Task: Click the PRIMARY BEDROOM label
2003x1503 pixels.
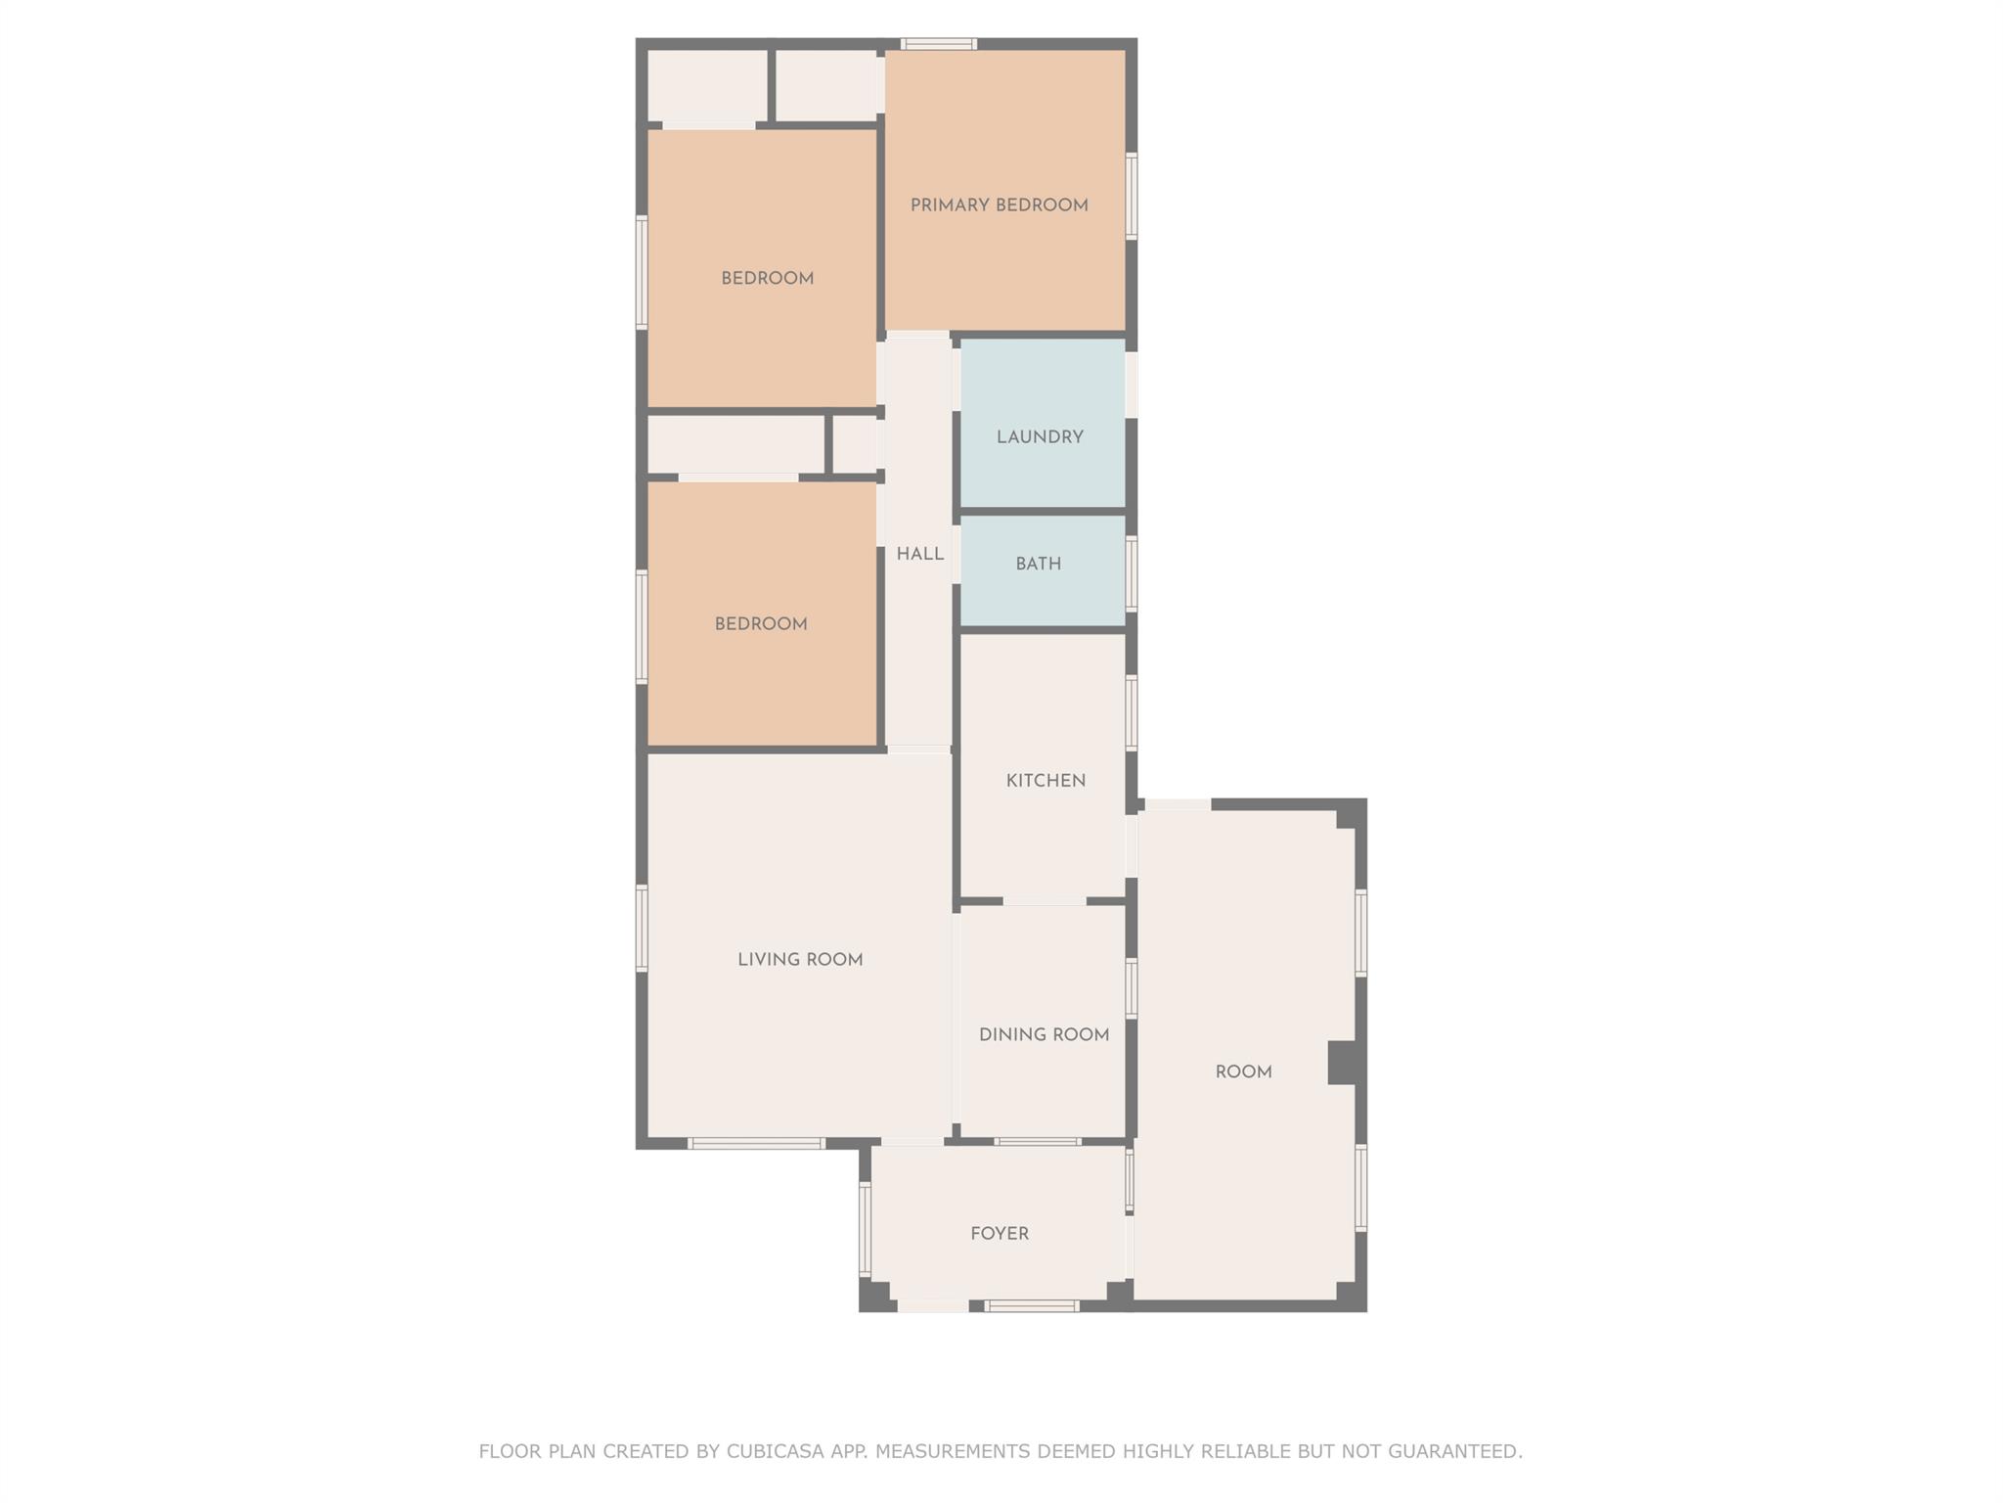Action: (999, 205)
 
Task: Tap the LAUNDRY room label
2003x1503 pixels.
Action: (1040, 437)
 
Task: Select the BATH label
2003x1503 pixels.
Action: (1038, 565)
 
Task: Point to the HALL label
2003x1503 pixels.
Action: (920, 555)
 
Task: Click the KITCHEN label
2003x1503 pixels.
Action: (1046, 781)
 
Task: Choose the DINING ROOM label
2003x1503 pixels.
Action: (1044, 1035)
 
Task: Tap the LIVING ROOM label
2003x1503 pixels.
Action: (800, 960)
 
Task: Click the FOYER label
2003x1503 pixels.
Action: (1000, 1234)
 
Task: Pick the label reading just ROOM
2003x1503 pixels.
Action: (1243, 1072)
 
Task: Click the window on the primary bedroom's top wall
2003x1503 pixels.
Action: (938, 44)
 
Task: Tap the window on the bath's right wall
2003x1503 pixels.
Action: (1132, 573)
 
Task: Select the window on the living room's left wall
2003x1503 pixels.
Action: (642, 928)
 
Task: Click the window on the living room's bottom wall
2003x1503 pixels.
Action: (756, 1143)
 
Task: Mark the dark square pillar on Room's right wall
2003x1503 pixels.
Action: (1342, 1063)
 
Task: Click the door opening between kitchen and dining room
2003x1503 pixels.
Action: (1045, 901)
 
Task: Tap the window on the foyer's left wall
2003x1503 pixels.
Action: (865, 1229)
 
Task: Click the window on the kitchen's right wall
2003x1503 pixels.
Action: (1132, 712)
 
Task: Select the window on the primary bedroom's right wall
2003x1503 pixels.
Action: (1132, 196)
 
